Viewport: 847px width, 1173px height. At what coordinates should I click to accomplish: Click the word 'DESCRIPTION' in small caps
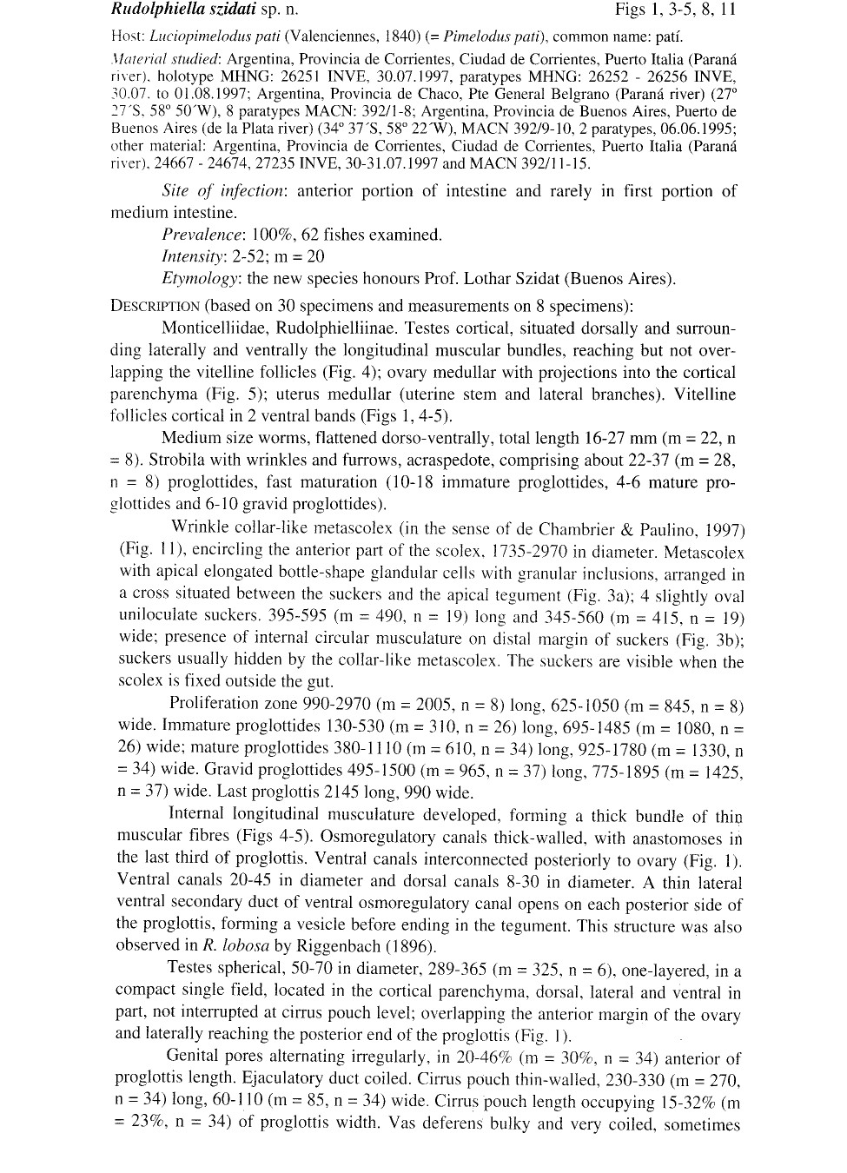(x=156, y=306)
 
